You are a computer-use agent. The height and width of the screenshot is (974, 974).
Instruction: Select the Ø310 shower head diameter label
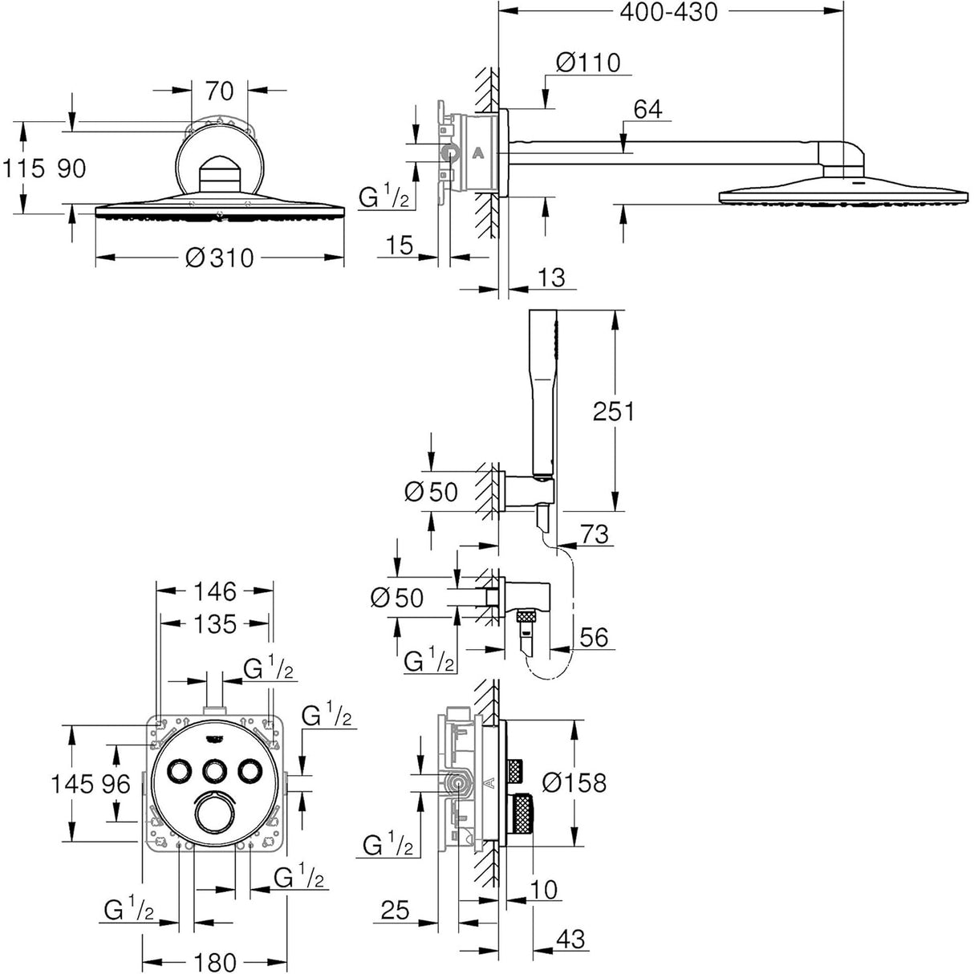(219, 258)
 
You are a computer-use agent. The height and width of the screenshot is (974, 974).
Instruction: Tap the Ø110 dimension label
(589, 63)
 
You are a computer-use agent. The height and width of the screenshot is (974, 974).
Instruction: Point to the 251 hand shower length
(613, 412)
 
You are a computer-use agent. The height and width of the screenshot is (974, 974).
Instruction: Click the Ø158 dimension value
(574, 782)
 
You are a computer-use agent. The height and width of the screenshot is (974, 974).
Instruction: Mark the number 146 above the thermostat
(215, 591)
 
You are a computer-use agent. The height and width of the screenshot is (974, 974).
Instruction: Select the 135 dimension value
(215, 623)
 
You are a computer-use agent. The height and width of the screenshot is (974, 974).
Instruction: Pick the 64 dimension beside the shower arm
(647, 109)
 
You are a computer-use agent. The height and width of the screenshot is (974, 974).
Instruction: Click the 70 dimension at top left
(219, 91)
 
